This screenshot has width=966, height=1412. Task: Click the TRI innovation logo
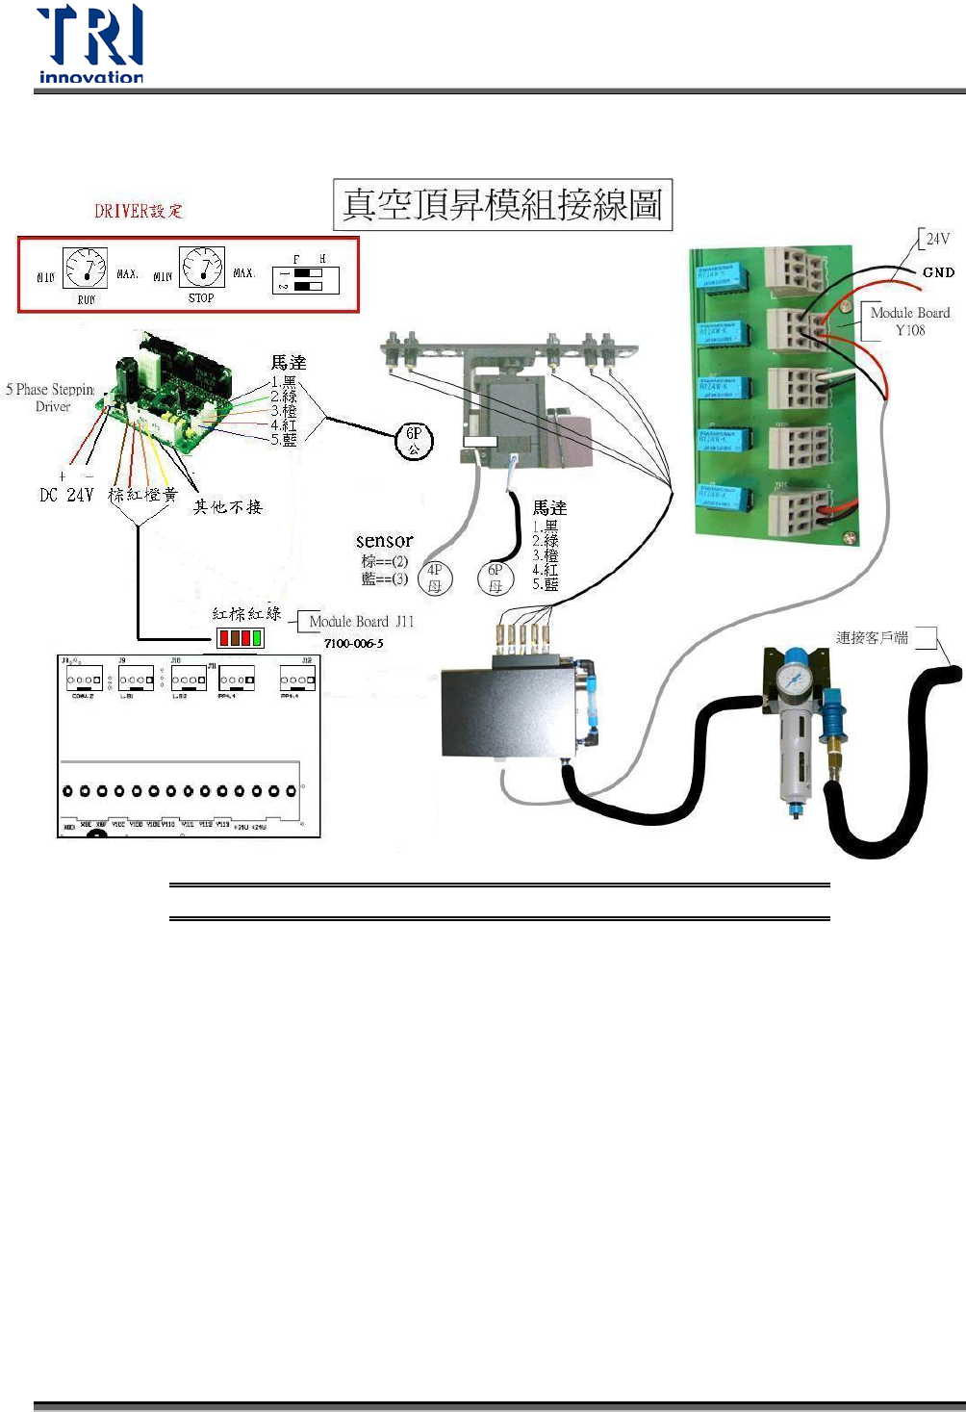click(90, 44)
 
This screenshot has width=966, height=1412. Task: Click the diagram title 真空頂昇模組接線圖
click(502, 204)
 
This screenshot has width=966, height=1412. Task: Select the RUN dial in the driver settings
click(86, 268)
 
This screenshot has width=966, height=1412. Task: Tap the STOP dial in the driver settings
click(202, 267)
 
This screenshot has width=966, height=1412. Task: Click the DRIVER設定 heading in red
click(139, 211)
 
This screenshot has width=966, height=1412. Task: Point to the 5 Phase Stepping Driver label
click(51, 398)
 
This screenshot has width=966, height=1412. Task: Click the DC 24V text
click(66, 495)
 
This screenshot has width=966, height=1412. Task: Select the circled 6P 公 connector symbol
click(415, 441)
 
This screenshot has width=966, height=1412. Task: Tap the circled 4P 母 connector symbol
click(435, 578)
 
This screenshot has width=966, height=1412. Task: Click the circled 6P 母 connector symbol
click(496, 578)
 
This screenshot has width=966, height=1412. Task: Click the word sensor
click(384, 541)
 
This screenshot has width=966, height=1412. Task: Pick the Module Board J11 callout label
click(361, 622)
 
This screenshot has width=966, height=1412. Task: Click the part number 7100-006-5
click(353, 643)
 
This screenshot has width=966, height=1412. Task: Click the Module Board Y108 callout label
click(909, 321)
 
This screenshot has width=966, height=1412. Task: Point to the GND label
click(938, 272)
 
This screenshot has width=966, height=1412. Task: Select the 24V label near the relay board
click(937, 239)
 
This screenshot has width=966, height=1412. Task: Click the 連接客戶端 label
click(872, 637)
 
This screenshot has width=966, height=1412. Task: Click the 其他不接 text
click(227, 506)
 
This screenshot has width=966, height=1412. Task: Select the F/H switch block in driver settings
click(306, 279)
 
